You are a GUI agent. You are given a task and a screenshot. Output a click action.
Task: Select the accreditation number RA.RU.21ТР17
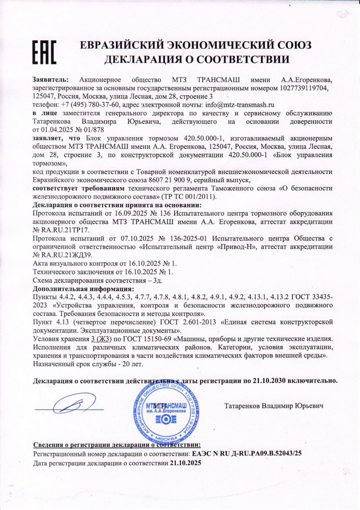click(64, 230)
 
